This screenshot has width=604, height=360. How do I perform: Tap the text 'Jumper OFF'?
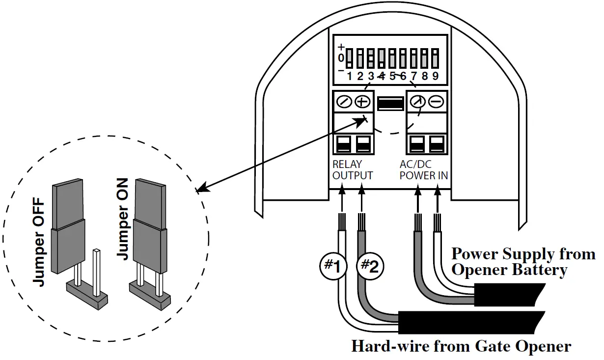[38, 242]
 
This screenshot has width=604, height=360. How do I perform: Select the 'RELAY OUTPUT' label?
[352, 170]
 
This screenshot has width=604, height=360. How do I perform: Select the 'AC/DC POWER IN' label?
[423, 170]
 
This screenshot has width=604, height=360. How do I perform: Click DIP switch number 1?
[349, 58]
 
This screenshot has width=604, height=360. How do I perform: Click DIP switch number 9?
[435, 58]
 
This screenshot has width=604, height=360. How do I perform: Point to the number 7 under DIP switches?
[413, 76]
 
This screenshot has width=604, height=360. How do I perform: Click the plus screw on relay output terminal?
[362, 102]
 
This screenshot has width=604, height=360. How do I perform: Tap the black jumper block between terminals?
[391, 103]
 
